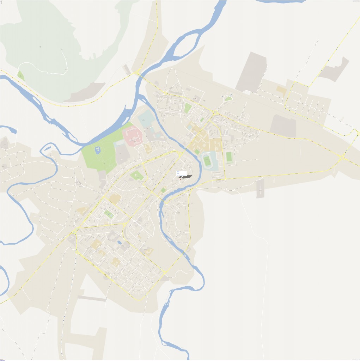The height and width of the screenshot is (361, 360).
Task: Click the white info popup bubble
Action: tap(181, 173)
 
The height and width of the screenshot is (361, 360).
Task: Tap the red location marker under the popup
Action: tap(180, 179)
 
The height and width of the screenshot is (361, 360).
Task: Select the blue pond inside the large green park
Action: tap(97, 151)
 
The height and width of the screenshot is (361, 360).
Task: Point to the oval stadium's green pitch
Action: tap(207, 161)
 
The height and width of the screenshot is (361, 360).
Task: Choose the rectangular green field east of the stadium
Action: tap(229, 157)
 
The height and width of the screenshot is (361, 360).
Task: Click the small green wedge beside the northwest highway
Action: tap(20, 75)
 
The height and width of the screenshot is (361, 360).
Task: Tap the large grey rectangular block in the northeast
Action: tap(251, 72)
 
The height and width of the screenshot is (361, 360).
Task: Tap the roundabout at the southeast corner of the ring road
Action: tap(164, 273)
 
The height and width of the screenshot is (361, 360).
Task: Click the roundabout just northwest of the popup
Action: tap(181, 154)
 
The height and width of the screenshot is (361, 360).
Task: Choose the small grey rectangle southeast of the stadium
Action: tap(260, 189)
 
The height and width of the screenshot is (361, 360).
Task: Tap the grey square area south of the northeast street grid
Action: tap(283, 126)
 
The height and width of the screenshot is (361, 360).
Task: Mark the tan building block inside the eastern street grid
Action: tap(281, 90)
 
